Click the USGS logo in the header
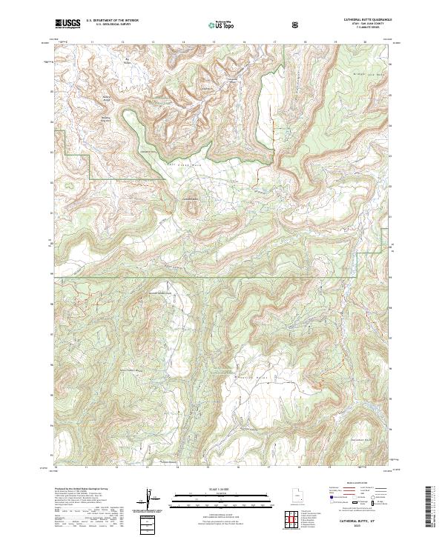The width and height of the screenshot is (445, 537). pos(67,24)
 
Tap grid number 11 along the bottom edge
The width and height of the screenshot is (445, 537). pos(88,468)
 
